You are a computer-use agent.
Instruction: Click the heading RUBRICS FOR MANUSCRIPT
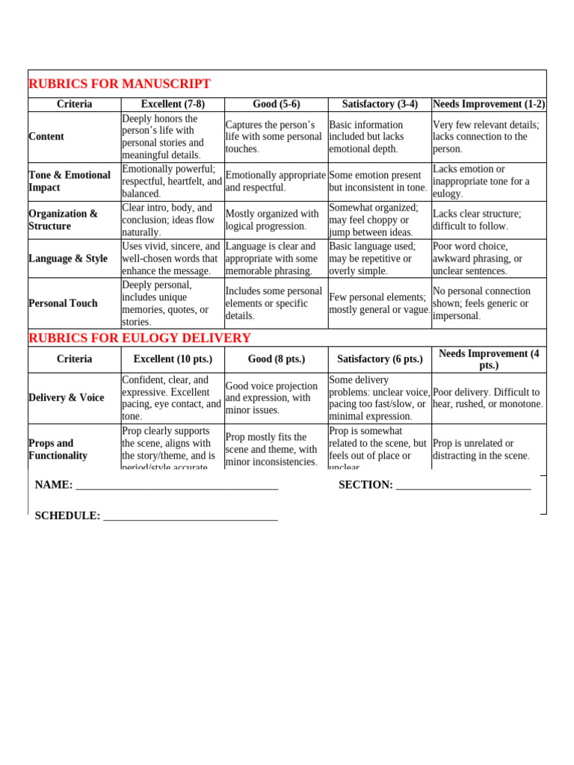[x=120, y=84]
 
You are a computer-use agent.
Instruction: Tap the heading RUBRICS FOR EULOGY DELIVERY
[x=140, y=338]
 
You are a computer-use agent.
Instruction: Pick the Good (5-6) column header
[x=277, y=104]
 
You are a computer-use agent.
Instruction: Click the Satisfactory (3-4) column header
[x=380, y=104]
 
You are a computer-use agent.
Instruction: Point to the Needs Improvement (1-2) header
[x=489, y=104]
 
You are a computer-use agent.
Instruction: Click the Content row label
[x=46, y=137]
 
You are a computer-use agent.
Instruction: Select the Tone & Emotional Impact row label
[x=69, y=182]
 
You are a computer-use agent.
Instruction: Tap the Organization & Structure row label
[x=63, y=220]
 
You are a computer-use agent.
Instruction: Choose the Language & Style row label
[x=68, y=258]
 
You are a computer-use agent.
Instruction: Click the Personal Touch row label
[x=63, y=303]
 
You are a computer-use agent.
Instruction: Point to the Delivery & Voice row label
[x=67, y=397]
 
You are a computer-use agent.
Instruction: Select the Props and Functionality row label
[x=58, y=449]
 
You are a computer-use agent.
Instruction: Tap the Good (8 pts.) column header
[x=277, y=359]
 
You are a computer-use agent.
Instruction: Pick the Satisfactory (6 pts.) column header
[x=380, y=359]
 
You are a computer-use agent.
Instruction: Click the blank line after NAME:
[x=177, y=486]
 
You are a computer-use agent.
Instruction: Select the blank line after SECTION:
[x=463, y=486]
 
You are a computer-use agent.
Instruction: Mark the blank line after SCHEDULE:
[x=191, y=517]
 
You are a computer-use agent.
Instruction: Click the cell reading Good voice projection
[x=272, y=398]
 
